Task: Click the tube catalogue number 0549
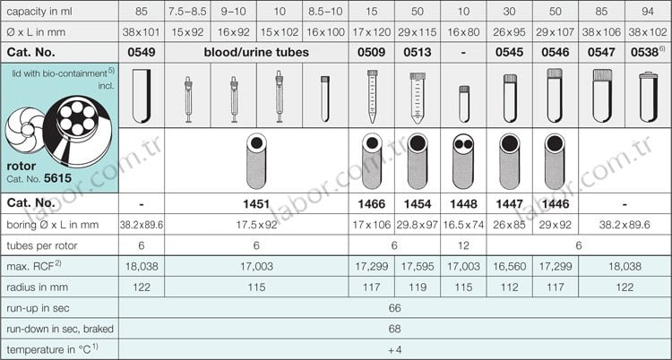pyautogui.click(x=141, y=53)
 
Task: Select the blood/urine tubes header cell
pyautogui.click(x=256, y=53)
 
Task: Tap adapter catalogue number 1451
pyautogui.click(x=256, y=204)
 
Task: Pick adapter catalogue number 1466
pyautogui.click(x=372, y=204)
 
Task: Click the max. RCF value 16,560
pyautogui.click(x=510, y=267)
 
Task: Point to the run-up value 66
pyautogui.click(x=395, y=308)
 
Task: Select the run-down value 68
pyautogui.click(x=395, y=329)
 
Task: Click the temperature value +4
pyautogui.click(x=395, y=350)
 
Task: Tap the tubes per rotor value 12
pyautogui.click(x=464, y=245)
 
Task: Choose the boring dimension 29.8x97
pyautogui.click(x=418, y=225)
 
